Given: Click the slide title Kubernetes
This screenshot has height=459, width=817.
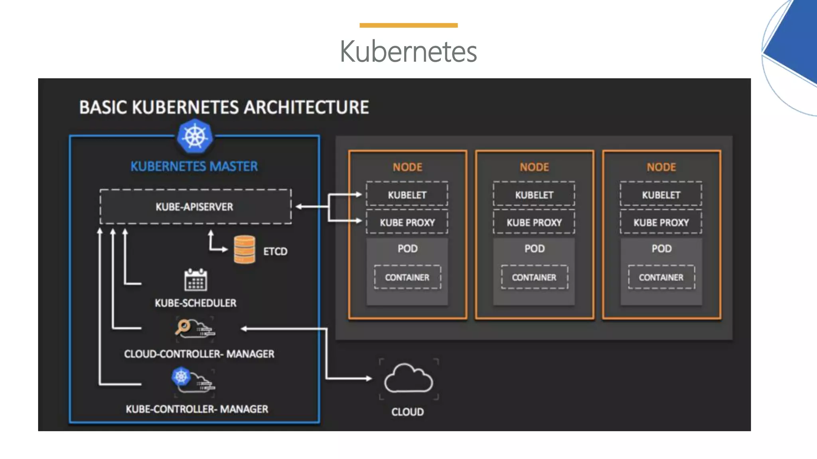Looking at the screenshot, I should pos(408,51).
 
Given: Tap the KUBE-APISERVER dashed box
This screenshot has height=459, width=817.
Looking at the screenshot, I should pos(195,206).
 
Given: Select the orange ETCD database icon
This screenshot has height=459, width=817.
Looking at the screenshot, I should pos(245,250).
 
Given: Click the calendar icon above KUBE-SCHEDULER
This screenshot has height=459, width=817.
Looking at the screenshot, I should pos(195,280).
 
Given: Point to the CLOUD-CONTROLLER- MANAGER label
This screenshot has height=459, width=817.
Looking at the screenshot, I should pos(199,354).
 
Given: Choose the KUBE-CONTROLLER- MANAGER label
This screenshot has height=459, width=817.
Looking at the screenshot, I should pos(197,409).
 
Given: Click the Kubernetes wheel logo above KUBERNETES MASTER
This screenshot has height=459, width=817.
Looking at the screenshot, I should pos(195,136).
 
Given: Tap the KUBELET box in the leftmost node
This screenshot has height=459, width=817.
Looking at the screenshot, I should pos(407,194).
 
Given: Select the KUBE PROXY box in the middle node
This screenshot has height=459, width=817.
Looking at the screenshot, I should pos(534,222).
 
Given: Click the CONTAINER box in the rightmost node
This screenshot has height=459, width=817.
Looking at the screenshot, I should pos(661,277).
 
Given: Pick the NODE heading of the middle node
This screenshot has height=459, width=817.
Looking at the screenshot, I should pos(534,167).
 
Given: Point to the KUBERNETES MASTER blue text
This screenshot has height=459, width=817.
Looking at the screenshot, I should pos(194,166).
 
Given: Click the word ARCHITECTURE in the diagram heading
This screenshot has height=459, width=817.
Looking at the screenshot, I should pos(306,107).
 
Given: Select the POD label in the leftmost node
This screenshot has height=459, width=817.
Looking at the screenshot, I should pos(407,249).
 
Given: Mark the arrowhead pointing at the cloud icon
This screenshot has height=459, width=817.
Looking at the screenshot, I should pos(369,378).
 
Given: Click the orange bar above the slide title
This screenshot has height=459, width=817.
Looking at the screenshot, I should pos(408,25).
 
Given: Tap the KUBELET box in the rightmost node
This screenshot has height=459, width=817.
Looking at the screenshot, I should pos(661,194).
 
